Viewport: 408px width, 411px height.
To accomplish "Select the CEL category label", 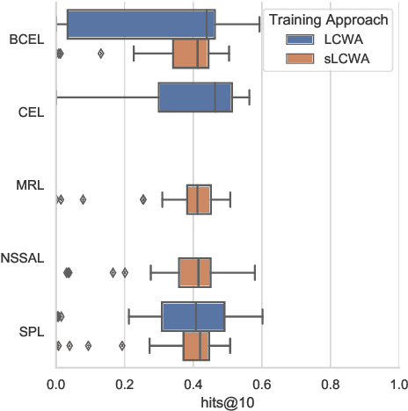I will pos(28,112).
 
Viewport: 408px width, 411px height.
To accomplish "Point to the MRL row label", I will pos(28,185).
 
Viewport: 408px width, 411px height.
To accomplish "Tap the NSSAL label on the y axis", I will pos(23,258).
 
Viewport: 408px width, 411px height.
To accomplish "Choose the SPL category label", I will pos(28,331).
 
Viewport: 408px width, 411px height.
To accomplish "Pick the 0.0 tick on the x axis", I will pos(56,384).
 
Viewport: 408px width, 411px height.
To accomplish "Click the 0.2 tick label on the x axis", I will pos(125,384).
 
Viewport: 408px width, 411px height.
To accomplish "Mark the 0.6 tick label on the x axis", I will pos(262,384).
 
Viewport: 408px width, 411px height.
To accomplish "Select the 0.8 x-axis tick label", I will pos(331,384).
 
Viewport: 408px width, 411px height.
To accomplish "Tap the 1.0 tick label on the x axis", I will pos(398,384).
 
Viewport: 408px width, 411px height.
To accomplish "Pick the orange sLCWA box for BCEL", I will pos(191,54).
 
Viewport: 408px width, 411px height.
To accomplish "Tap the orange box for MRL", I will pos(199,199).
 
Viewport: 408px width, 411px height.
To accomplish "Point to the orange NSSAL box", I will pos(195,272).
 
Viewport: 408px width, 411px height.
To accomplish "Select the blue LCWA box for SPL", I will pos(193,316).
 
